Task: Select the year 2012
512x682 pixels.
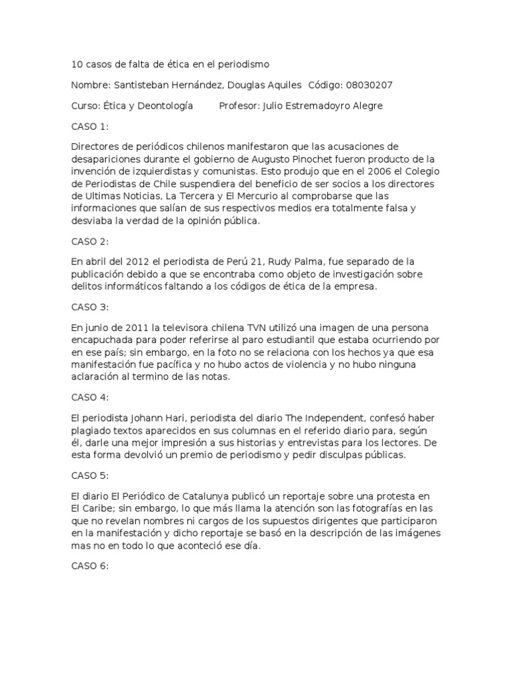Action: [x=131, y=261]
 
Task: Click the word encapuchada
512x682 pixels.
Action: [x=102, y=340]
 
